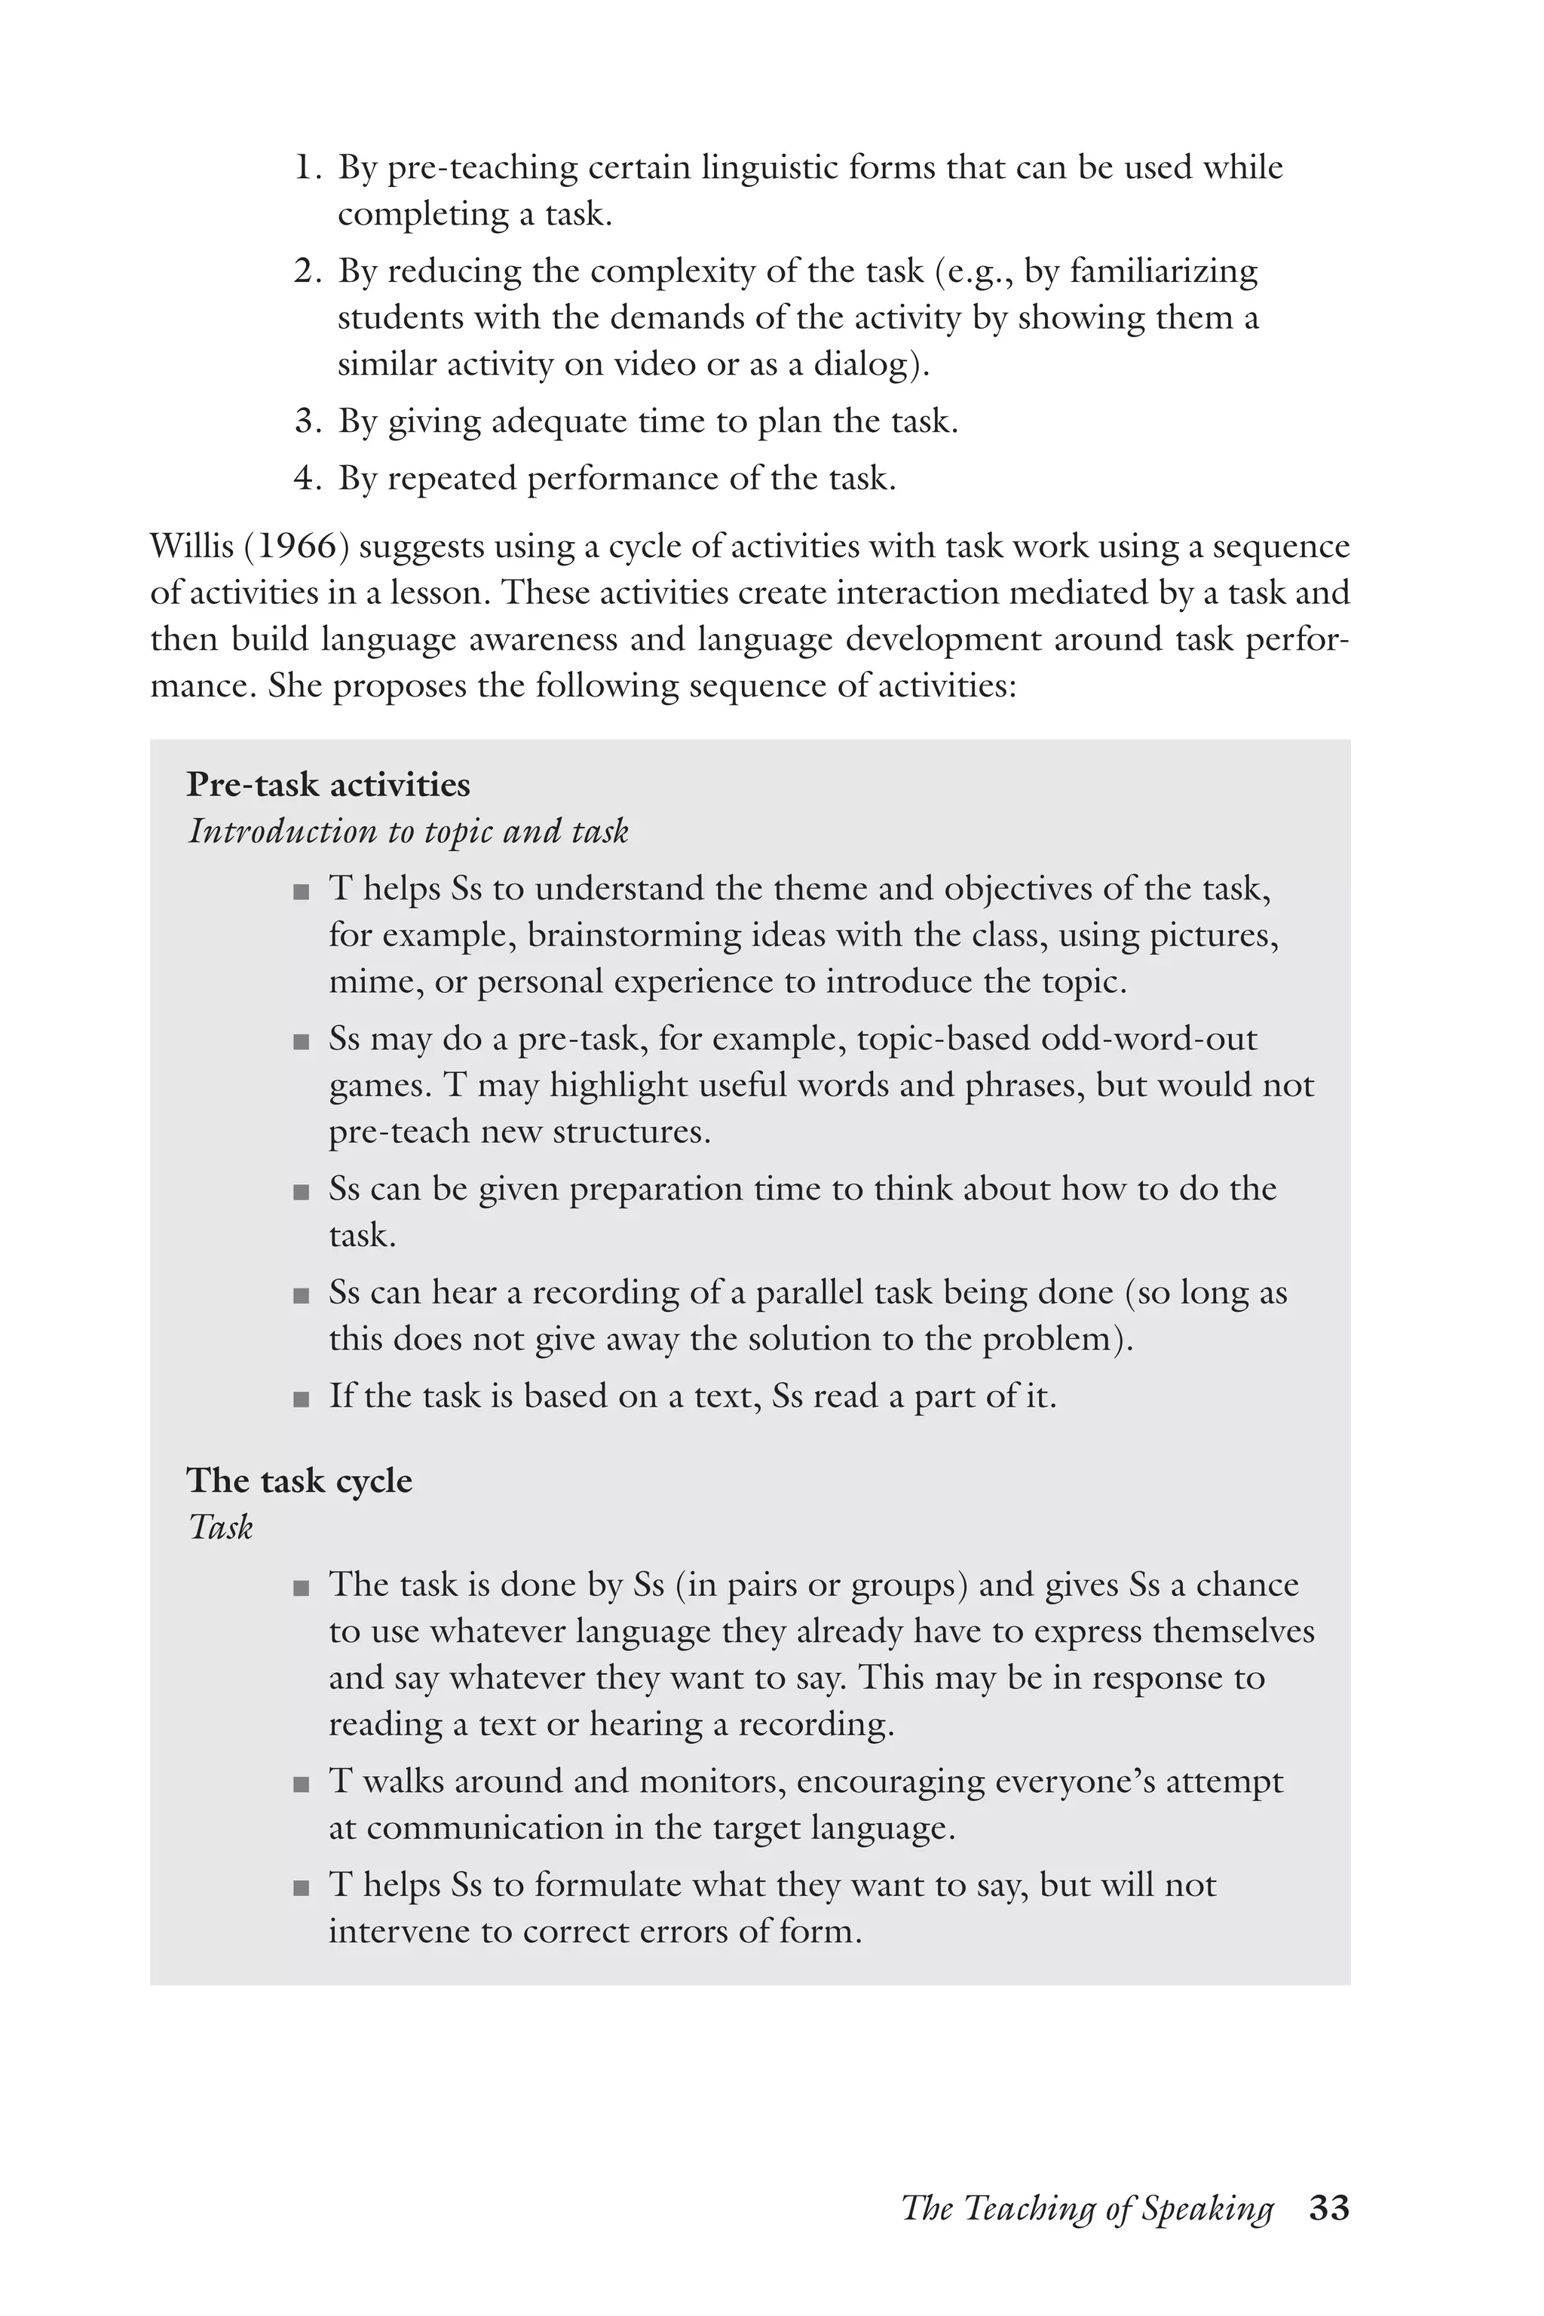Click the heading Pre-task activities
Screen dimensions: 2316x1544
click(328, 785)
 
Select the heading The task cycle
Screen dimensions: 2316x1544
click(299, 1480)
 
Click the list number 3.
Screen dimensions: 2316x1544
click(308, 422)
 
